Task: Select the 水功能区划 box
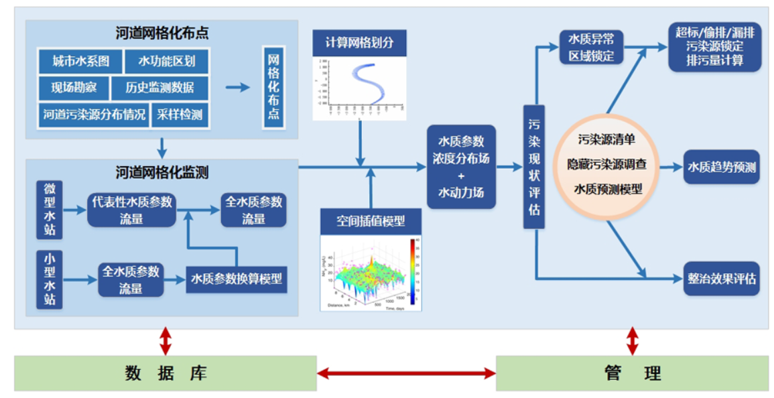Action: (x=167, y=62)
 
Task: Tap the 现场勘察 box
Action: (x=73, y=88)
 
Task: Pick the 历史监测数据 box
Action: (x=159, y=88)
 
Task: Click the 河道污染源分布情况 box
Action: (x=94, y=115)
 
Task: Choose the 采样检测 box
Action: (x=180, y=115)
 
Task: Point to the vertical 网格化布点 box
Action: (x=273, y=87)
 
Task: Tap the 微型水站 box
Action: (x=50, y=210)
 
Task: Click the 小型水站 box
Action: (x=50, y=279)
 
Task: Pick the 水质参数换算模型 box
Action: (x=236, y=279)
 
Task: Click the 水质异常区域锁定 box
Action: (x=591, y=47)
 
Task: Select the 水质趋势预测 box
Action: (x=721, y=167)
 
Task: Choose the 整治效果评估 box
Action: (x=721, y=278)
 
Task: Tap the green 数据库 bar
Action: (x=166, y=373)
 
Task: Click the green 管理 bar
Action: (x=632, y=373)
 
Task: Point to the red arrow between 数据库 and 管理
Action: (x=406, y=373)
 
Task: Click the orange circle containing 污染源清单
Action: (x=606, y=165)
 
